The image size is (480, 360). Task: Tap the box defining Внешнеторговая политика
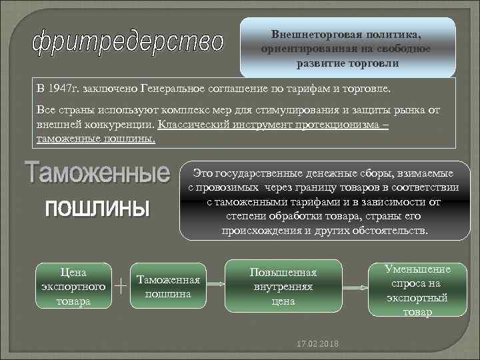coord(347,48)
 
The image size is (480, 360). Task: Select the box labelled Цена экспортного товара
coord(73,285)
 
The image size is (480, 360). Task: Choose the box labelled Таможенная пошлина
coord(168,286)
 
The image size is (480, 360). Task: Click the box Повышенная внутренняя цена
coord(283,287)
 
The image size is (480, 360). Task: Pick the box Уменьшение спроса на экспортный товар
coord(417,289)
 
